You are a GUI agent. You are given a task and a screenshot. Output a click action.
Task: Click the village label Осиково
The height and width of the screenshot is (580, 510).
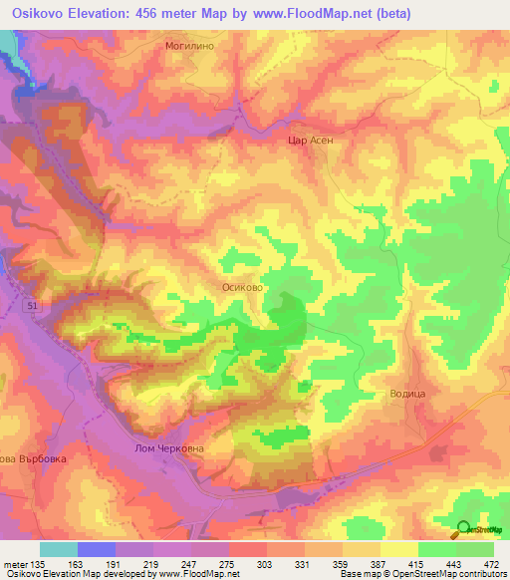241,285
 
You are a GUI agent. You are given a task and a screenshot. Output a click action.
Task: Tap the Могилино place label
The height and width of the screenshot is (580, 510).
191,47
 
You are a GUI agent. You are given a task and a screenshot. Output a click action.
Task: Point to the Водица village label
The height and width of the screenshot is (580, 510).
406,395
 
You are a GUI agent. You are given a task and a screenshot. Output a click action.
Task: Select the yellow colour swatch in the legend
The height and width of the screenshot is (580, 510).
398,549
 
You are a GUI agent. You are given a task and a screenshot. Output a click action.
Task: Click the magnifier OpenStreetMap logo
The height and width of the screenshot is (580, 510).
465,529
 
